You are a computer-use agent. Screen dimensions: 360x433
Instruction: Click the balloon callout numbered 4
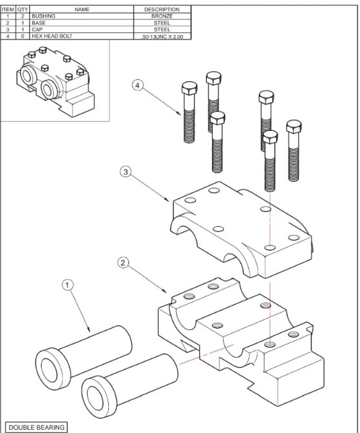click(x=138, y=85)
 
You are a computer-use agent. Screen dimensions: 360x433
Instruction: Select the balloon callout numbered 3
click(x=126, y=172)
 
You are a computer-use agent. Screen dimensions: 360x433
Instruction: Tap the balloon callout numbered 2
click(x=123, y=263)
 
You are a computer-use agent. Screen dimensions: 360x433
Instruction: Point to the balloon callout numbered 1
click(x=68, y=285)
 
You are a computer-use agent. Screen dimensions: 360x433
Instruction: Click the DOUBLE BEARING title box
click(x=36, y=427)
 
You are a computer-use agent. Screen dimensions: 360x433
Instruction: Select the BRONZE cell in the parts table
click(x=162, y=16)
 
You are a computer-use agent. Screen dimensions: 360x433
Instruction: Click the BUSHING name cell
click(x=82, y=16)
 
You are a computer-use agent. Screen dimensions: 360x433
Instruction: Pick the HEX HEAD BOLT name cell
click(x=82, y=36)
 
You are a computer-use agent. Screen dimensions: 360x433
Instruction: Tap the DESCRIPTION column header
click(x=162, y=9)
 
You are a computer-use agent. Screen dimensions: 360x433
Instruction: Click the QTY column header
click(x=23, y=9)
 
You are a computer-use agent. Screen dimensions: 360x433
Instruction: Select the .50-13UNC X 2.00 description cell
click(x=162, y=36)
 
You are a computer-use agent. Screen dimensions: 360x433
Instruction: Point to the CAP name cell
click(x=82, y=30)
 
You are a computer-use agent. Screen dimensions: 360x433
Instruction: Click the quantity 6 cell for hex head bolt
click(x=23, y=36)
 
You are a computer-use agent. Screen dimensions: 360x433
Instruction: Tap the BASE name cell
click(x=82, y=23)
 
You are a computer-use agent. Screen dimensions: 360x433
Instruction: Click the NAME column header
click(x=82, y=9)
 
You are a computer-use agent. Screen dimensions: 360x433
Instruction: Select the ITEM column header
click(x=8, y=9)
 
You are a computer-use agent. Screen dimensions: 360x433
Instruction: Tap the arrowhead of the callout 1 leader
click(x=89, y=330)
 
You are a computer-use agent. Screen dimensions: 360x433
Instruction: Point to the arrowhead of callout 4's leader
click(x=179, y=113)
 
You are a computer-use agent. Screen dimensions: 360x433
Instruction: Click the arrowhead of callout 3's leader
click(x=167, y=200)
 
